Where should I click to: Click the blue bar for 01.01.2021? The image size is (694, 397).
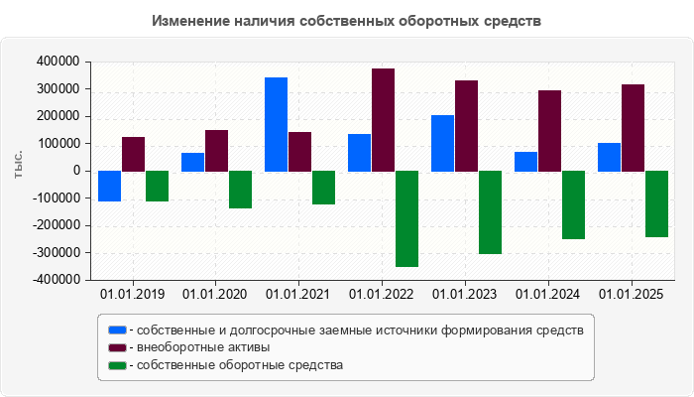coord(276,124)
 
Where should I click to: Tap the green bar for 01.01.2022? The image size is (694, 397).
coord(406,218)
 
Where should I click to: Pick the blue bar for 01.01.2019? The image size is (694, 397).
coord(109,186)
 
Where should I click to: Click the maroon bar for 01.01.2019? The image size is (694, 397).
coord(133,154)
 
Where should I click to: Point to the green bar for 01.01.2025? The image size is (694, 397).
coord(656,203)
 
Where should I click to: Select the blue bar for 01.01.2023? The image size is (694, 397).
coord(442,143)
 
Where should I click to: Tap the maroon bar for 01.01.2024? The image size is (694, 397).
coord(549,130)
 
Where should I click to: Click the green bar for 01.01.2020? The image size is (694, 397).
coord(240,190)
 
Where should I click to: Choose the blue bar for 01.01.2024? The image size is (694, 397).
coord(525,161)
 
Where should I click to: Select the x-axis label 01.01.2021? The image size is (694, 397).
coord(299,295)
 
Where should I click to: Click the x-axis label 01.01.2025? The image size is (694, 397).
coord(633,295)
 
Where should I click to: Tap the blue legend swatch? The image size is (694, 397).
coord(118,330)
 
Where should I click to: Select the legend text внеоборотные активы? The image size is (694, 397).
coord(204,347)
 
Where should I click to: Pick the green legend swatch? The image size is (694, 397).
coord(118,365)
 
